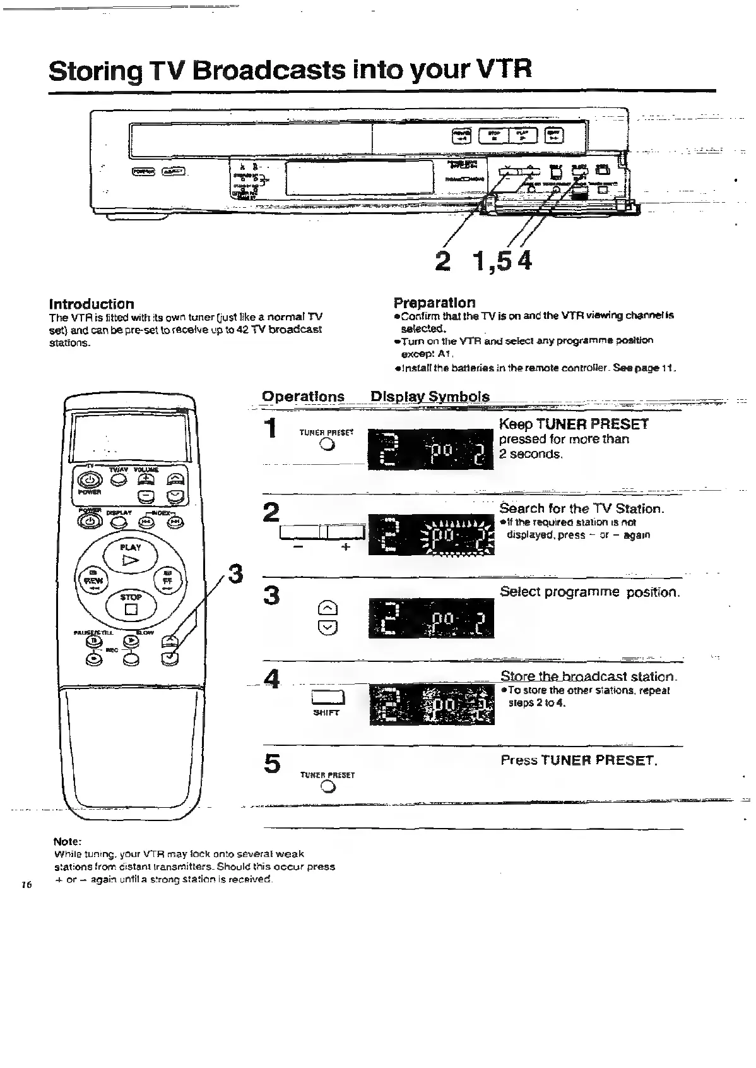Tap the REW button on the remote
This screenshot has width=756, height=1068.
tap(92, 578)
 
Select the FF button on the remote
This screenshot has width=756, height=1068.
tap(168, 578)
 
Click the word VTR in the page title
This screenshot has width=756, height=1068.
tap(499, 69)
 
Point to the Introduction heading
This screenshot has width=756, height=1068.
tap(92, 304)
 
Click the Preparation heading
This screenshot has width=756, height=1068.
tap(434, 303)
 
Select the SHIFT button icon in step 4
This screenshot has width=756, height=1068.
tap(327, 698)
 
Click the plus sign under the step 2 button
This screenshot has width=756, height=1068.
tap(345, 548)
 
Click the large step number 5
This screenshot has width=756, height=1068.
tap(272, 764)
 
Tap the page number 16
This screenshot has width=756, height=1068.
tap(27, 885)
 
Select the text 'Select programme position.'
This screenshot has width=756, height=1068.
tap(589, 592)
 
